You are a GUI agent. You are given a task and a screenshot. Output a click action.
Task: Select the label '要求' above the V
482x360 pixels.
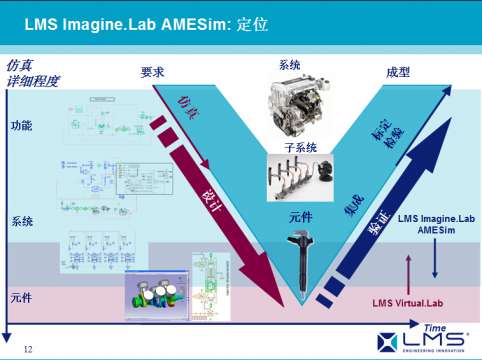click(153, 72)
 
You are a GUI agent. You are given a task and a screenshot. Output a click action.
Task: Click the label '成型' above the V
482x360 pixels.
click(398, 72)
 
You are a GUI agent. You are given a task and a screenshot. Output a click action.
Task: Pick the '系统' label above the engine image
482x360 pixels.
click(290, 65)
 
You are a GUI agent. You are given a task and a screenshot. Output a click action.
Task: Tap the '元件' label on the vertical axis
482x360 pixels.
click(21, 298)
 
